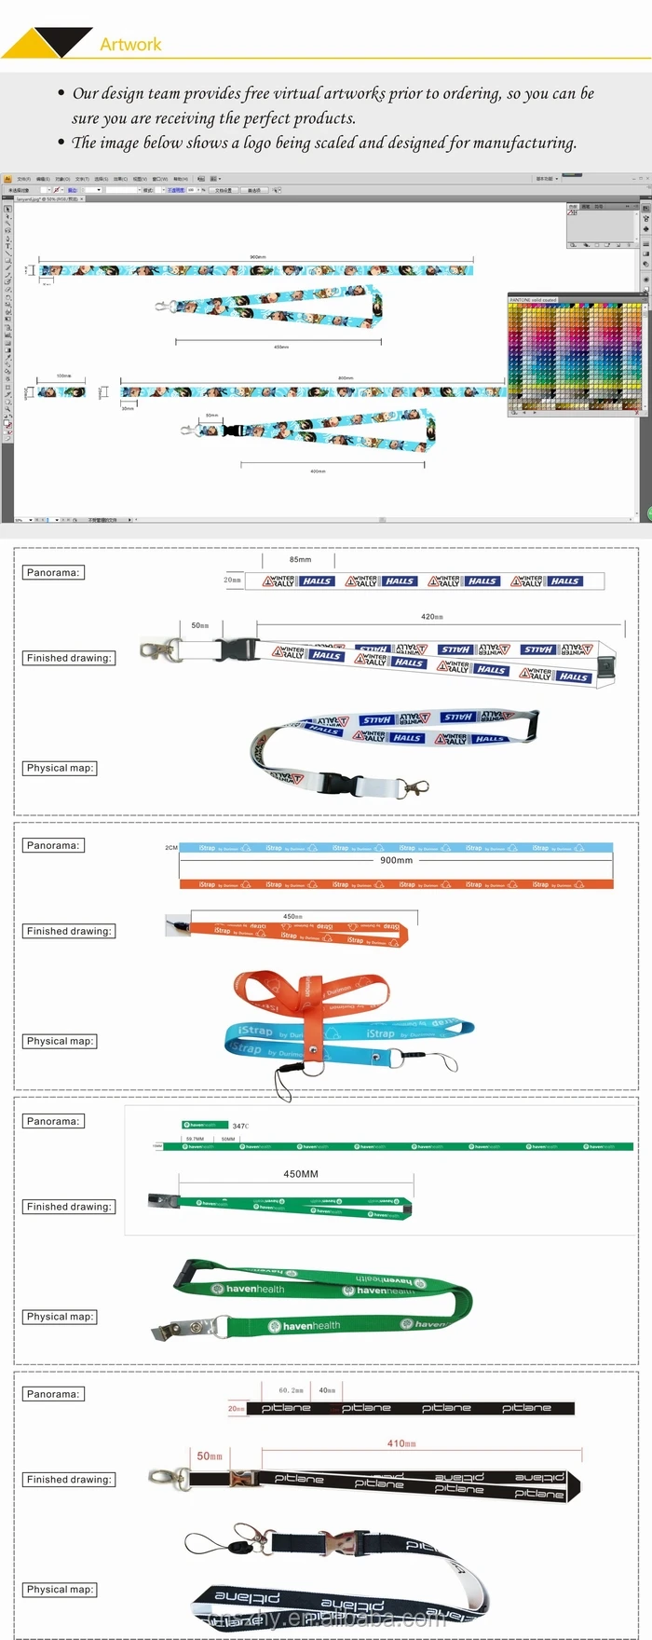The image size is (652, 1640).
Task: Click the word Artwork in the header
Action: (x=130, y=44)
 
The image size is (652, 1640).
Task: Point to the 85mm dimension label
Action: (x=300, y=560)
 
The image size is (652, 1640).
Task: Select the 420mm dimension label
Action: (x=432, y=617)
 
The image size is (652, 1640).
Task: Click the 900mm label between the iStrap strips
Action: (x=396, y=860)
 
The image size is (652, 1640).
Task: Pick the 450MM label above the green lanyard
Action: (x=301, y=1174)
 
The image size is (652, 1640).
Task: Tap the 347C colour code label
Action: (x=240, y=1126)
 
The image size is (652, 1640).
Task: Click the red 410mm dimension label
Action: (x=401, y=1443)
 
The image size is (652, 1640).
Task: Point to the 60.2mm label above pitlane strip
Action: (x=291, y=1390)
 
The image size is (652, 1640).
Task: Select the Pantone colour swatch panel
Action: (x=575, y=356)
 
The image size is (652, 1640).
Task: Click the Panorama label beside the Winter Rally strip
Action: (x=53, y=572)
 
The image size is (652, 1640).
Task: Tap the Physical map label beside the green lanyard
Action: (x=61, y=1317)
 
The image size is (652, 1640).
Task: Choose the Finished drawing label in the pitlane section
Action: (x=69, y=1480)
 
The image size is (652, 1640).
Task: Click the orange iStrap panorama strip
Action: (x=396, y=884)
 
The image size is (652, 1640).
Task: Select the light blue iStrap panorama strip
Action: (x=396, y=848)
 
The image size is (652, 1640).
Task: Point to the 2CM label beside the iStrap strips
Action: (x=171, y=848)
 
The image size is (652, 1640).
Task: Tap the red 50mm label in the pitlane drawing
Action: (x=210, y=1455)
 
